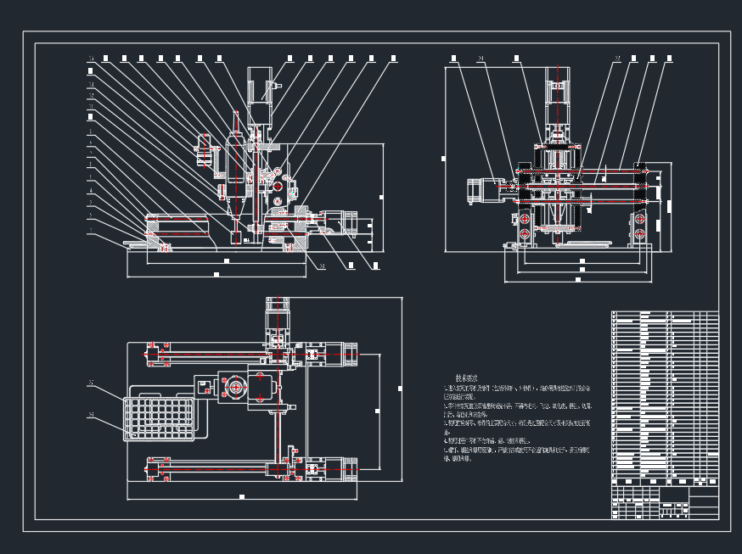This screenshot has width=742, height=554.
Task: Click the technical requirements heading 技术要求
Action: point(466,378)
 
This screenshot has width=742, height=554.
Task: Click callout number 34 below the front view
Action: point(322,266)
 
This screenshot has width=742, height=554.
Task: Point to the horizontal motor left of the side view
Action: point(482,190)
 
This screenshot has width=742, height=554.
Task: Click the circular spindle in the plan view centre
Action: point(235,388)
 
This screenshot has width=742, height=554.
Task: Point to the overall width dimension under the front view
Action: point(216,275)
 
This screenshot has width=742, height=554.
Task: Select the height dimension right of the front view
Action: point(380,197)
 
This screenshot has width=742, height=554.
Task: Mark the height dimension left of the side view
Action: point(441,158)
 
